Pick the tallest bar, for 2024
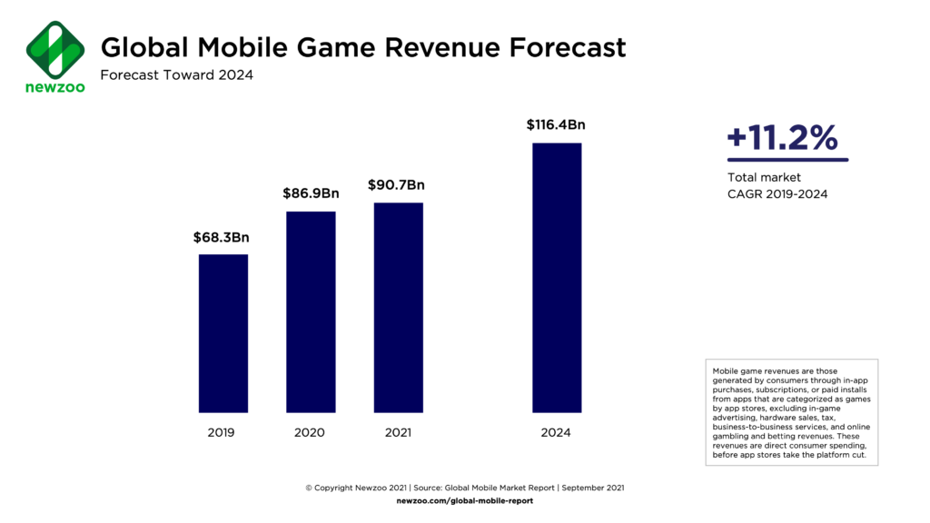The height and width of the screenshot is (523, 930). point(556,277)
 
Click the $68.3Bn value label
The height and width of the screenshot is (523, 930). point(221,238)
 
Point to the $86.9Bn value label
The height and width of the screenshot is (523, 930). point(311,193)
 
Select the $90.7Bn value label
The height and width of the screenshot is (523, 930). point(396,185)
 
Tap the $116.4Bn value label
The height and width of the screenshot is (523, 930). point(556,125)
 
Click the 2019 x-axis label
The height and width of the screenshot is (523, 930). point(220,432)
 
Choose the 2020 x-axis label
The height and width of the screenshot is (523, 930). point(310,432)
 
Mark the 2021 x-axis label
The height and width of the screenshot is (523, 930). point(396,432)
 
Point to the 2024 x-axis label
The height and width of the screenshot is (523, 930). point(556,432)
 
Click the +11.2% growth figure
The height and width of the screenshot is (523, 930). point(782,137)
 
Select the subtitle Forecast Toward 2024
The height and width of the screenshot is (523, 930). point(176,75)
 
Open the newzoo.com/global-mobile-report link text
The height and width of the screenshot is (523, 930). point(464,500)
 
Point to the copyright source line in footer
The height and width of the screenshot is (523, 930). point(464,488)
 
